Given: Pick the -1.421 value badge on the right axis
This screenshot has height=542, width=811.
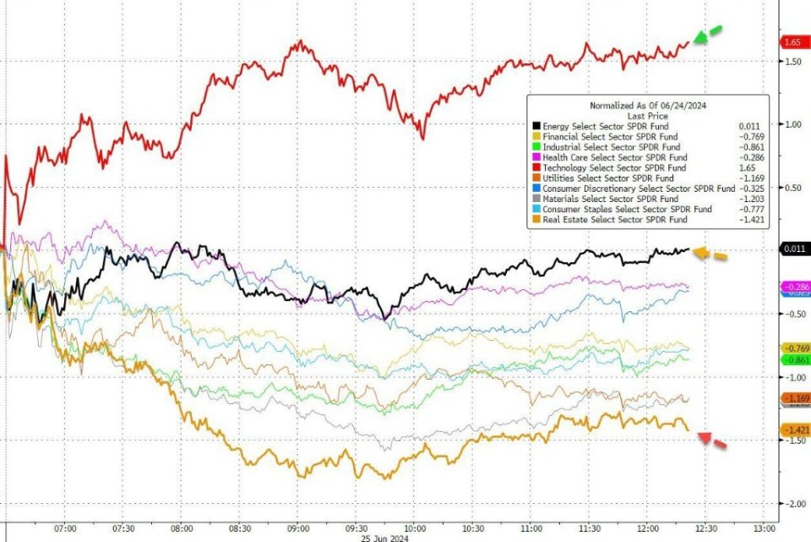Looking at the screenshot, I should tap(794, 430).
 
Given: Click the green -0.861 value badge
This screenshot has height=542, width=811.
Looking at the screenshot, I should tap(795, 359).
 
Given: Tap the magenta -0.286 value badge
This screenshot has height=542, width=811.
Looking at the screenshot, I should tap(795, 287).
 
